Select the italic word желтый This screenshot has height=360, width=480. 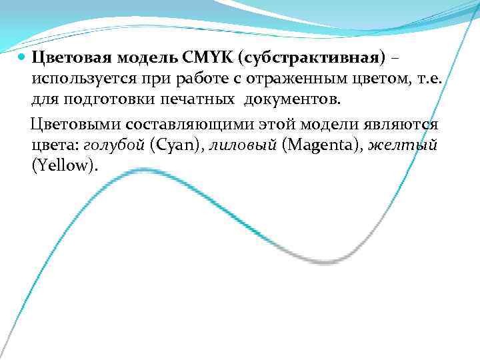coord(403,145)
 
